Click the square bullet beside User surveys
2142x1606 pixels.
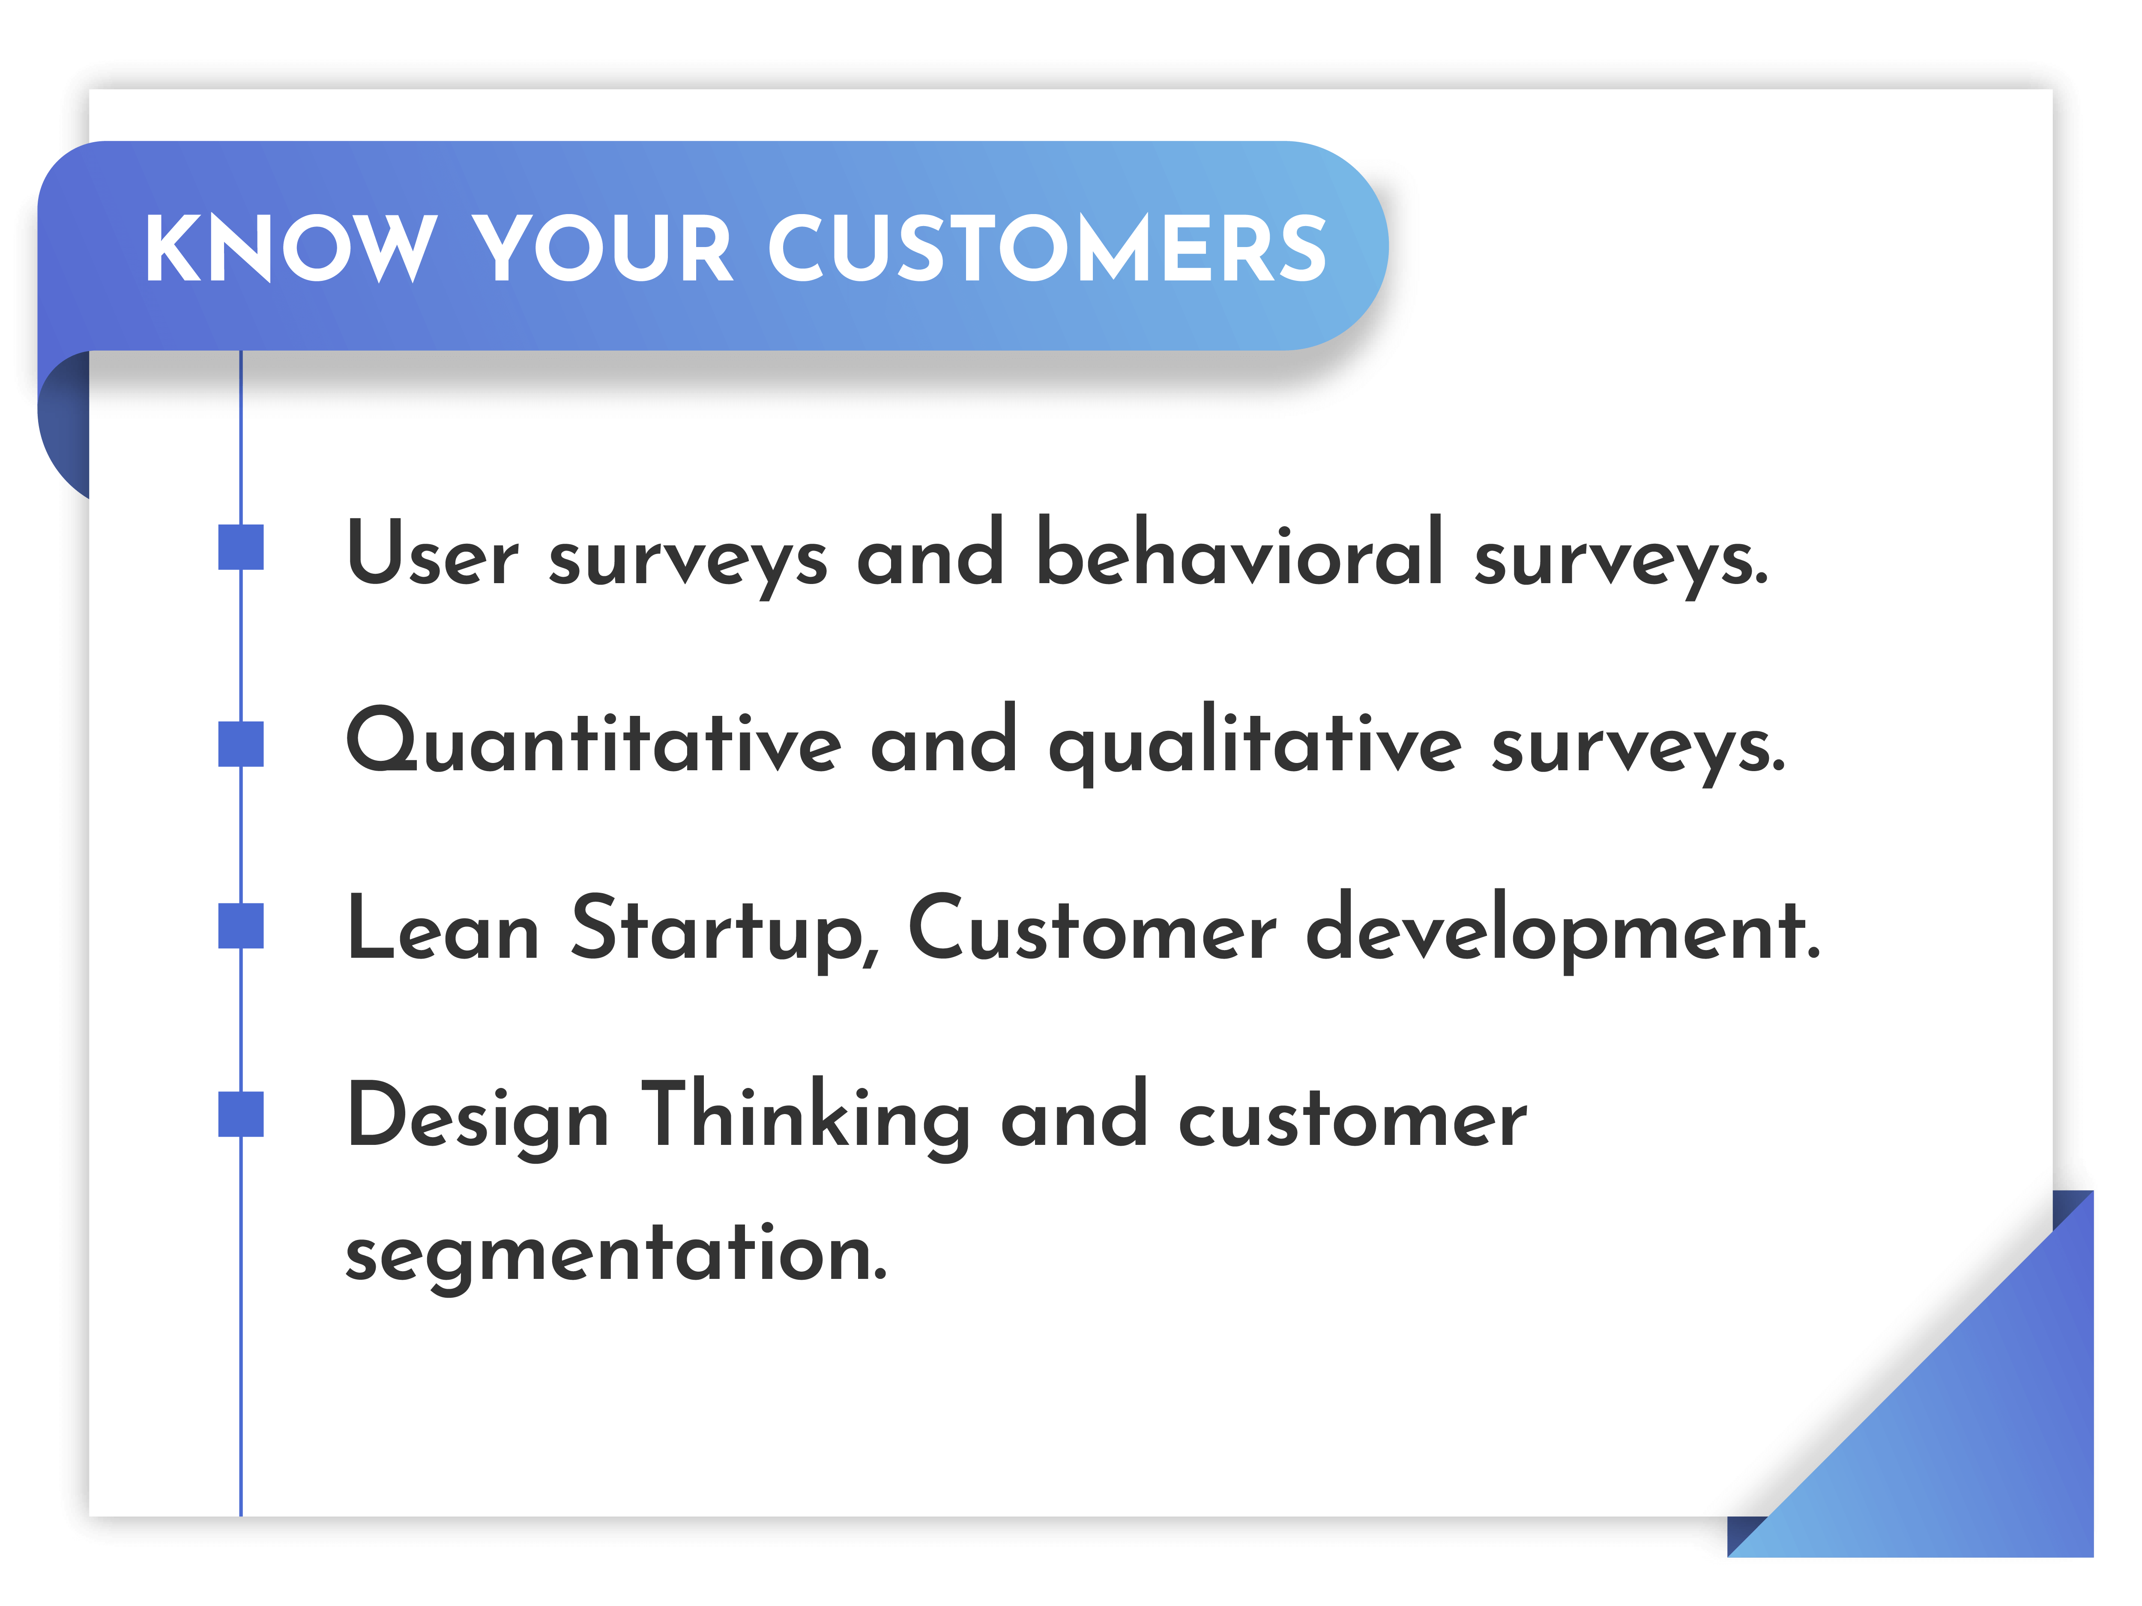click(241, 547)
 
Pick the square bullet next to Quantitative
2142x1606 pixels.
click(241, 743)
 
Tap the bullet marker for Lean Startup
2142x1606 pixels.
click(241, 926)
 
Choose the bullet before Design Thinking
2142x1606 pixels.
click(241, 1114)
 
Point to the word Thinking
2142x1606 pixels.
click(806, 1118)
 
